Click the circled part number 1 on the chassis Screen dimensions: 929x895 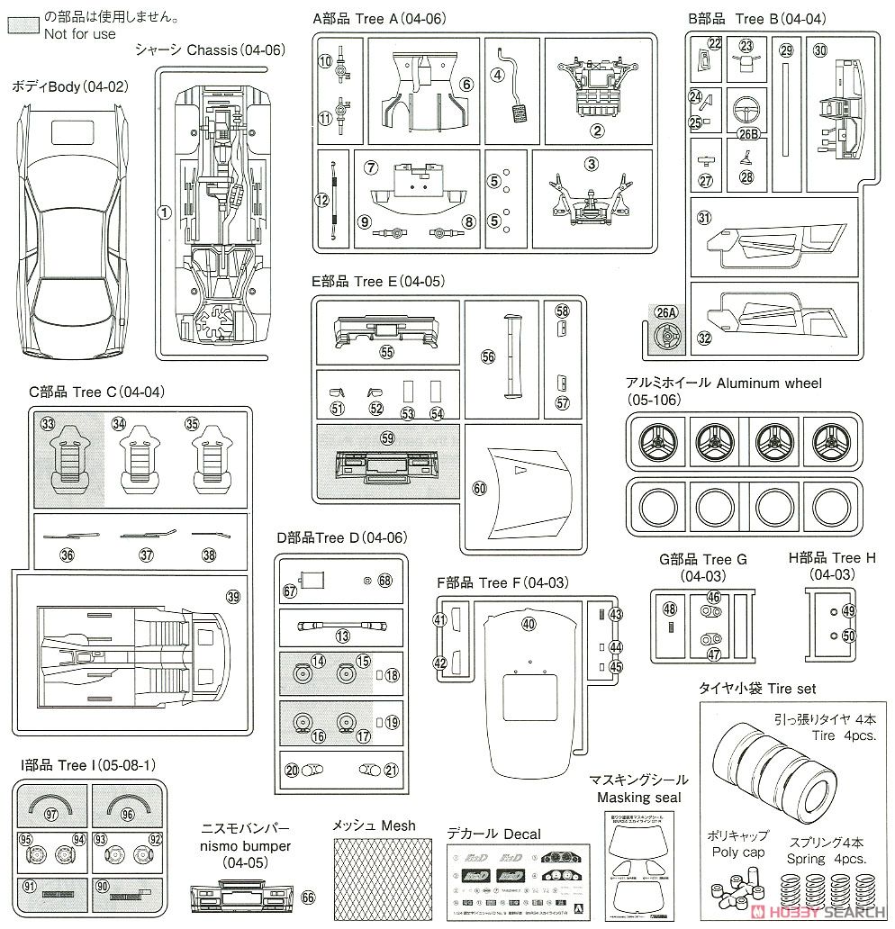tap(164, 212)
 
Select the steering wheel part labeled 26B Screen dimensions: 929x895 tap(748, 113)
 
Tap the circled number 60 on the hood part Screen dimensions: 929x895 tap(479, 487)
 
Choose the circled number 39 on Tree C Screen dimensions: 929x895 tap(233, 597)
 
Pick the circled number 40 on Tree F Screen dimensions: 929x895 tap(528, 623)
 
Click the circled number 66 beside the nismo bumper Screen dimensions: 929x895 tap(309, 896)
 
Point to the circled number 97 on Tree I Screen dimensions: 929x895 tap(51, 813)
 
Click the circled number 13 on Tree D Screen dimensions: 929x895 tap(342, 636)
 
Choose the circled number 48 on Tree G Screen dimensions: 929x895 tap(669, 609)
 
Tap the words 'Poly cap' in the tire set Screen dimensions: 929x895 tap(737, 852)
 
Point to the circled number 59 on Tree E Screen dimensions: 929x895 tap(387, 438)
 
